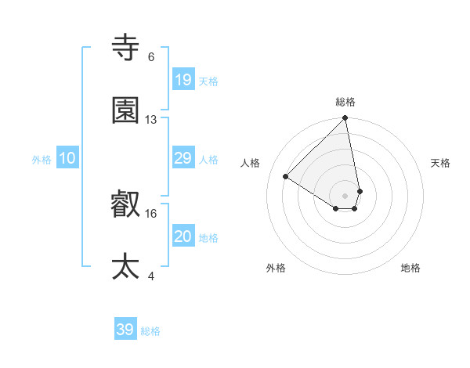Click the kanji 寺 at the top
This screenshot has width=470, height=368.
(x=126, y=49)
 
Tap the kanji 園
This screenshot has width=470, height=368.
(x=126, y=110)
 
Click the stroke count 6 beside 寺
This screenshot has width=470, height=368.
(x=151, y=57)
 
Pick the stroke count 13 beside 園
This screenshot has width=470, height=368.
(x=151, y=120)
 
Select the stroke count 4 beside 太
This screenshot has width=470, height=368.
(x=151, y=276)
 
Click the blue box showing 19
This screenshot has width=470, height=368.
(x=183, y=79)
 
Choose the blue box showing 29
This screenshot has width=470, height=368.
(x=183, y=158)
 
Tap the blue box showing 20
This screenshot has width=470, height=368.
(x=183, y=236)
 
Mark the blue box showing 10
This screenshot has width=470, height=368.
(x=67, y=158)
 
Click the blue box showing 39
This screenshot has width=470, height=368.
(x=125, y=330)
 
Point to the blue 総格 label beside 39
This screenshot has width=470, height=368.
(x=151, y=331)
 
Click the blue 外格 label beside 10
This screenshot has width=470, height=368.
(x=42, y=160)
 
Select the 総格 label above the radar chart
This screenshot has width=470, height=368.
(x=345, y=102)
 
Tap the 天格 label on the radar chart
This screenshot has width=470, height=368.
(x=441, y=163)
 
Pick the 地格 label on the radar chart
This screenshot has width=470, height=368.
(x=410, y=268)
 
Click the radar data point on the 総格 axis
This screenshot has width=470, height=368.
(x=345, y=119)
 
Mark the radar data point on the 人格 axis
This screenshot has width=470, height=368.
(x=286, y=177)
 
